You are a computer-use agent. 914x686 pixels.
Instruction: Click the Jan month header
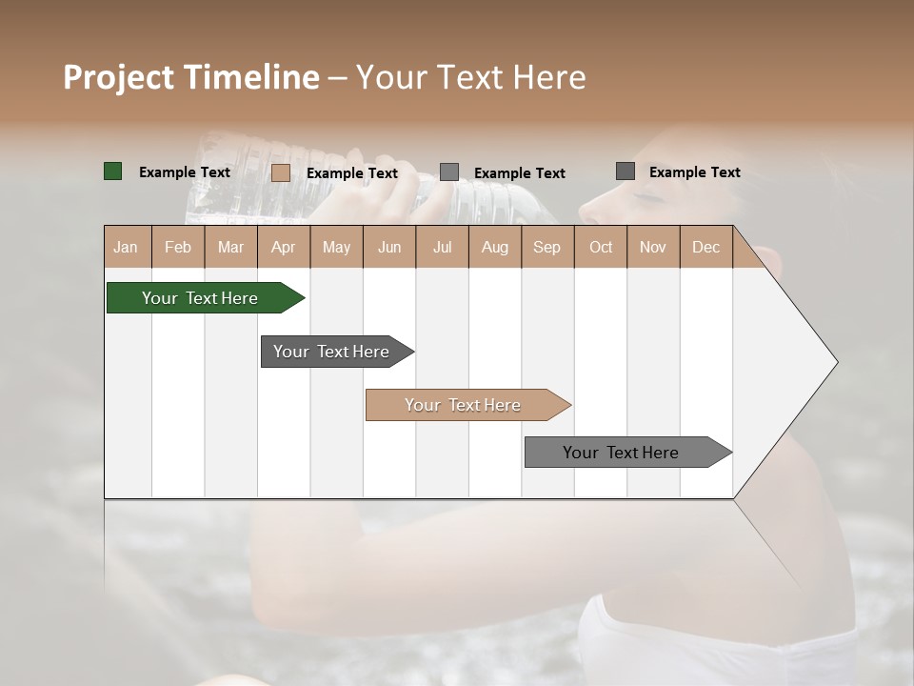(x=127, y=247)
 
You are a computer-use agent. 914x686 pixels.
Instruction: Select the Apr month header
(x=284, y=247)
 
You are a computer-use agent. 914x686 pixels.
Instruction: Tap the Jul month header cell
(x=442, y=247)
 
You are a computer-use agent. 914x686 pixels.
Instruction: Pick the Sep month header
(x=547, y=247)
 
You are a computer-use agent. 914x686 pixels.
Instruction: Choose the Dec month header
(x=705, y=247)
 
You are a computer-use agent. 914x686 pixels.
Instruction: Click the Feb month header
(x=178, y=247)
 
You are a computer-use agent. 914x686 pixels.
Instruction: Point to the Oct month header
(x=601, y=247)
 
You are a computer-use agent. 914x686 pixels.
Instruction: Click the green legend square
(x=113, y=171)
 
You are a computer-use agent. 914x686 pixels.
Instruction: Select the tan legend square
(x=281, y=172)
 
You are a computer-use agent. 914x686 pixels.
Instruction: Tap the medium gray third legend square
(x=449, y=171)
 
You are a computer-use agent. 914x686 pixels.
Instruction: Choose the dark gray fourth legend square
(x=626, y=171)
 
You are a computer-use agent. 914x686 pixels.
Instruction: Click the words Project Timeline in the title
(x=190, y=77)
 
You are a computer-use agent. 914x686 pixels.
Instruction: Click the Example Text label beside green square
(x=185, y=172)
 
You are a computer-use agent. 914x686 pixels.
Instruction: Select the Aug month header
(x=495, y=247)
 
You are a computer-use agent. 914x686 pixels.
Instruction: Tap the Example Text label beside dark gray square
(x=695, y=172)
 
